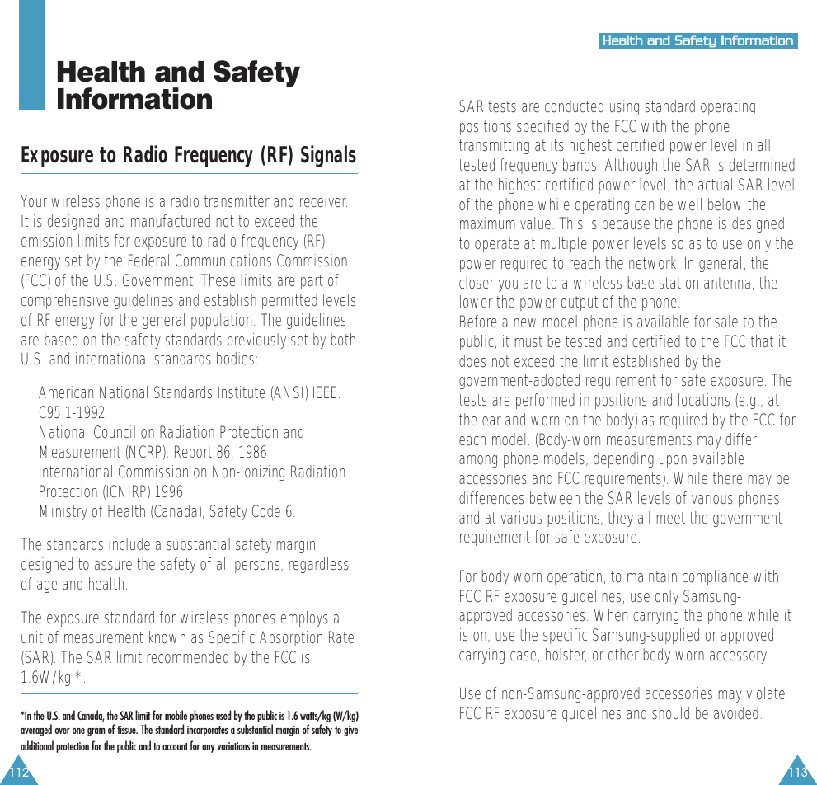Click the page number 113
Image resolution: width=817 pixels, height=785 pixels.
(x=797, y=773)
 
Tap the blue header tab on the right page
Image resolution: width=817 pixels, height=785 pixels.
(x=697, y=40)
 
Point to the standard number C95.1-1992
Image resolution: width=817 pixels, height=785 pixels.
(x=72, y=413)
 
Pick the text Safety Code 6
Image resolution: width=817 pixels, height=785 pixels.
(x=252, y=512)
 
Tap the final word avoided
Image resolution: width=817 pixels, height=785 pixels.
(x=735, y=714)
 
